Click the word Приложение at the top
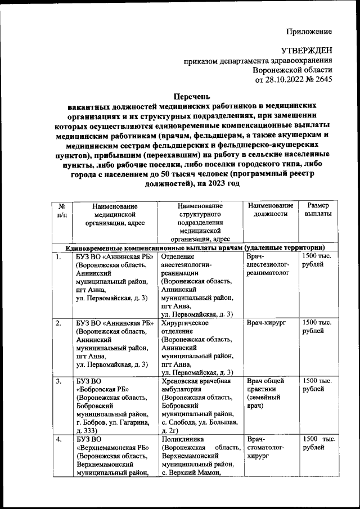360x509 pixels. click(309, 31)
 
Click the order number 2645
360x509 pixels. click(322, 80)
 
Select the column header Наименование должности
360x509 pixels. click(270, 210)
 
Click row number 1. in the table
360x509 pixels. click(58, 257)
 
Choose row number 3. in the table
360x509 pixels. click(58, 381)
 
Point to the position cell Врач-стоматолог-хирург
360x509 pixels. click(266, 447)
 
